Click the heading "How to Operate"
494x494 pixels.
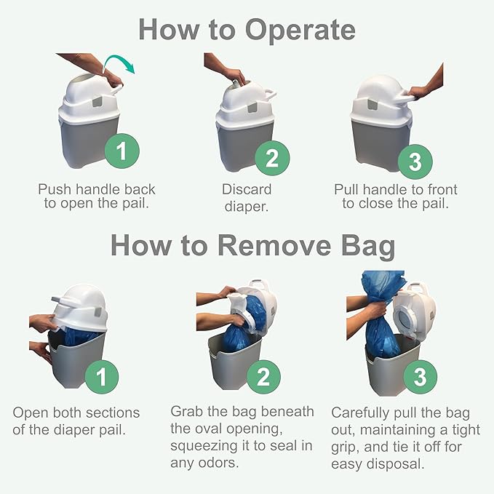[247, 30]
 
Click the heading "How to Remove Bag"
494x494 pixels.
[252, 245]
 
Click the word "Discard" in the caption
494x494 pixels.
[247, 189]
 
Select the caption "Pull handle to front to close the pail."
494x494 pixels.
[396, 196]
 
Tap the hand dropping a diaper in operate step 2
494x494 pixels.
[235, 73]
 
